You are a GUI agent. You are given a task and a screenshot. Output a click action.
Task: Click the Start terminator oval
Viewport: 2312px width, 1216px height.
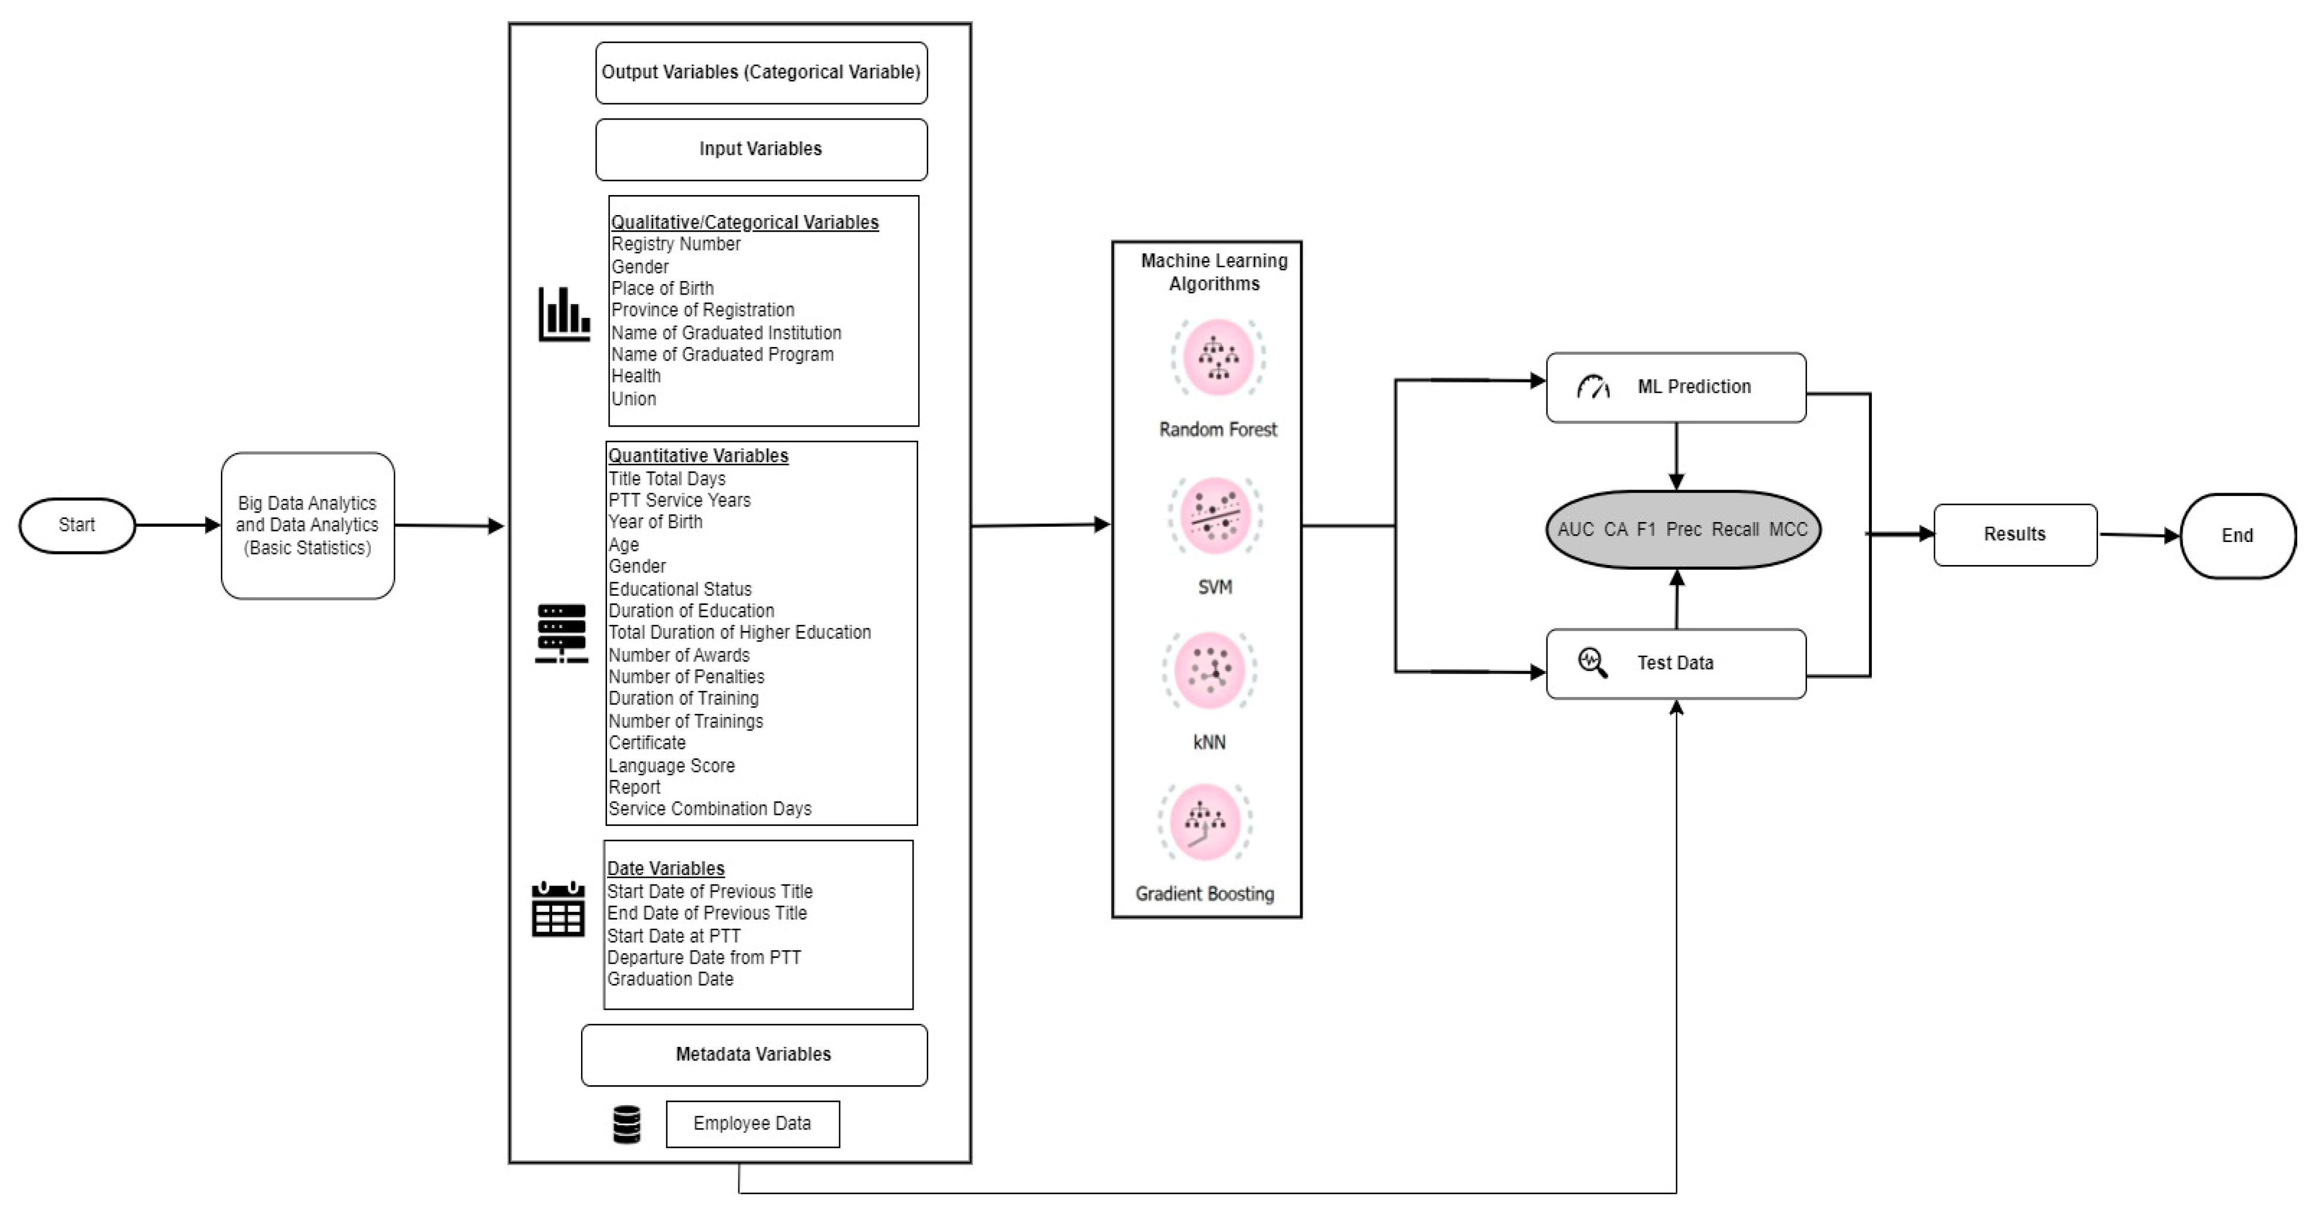tap(77, 525)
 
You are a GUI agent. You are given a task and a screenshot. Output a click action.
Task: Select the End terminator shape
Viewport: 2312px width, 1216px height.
tap(2238, 536)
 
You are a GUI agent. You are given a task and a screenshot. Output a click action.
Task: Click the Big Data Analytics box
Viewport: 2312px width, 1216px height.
tap(308, 525)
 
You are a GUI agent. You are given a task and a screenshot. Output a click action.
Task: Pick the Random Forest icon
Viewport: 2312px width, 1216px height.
tap(1218, 357)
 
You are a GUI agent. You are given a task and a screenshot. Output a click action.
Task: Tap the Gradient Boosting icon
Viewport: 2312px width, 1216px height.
tap(1205, 822)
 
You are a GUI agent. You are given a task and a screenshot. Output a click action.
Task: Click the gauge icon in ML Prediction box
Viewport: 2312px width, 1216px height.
tap(1593, 387)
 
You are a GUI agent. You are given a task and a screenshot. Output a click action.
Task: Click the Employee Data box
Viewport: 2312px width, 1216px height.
tap(752, 1124)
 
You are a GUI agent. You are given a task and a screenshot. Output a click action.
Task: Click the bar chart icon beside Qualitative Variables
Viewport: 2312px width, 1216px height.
tap(563, 314)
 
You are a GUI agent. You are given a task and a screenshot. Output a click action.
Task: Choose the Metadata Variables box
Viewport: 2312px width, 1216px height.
tap(754, 1055)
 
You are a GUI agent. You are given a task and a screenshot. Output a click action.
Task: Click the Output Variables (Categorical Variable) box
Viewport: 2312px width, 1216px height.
tap(761, 72)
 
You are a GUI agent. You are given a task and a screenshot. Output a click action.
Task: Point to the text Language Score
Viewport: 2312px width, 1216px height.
tap(671, 765)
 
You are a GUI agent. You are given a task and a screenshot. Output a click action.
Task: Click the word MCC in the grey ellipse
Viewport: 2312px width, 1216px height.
tap(1788, 530)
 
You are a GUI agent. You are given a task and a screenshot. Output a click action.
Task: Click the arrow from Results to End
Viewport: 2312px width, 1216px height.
tap(2139, 535)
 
